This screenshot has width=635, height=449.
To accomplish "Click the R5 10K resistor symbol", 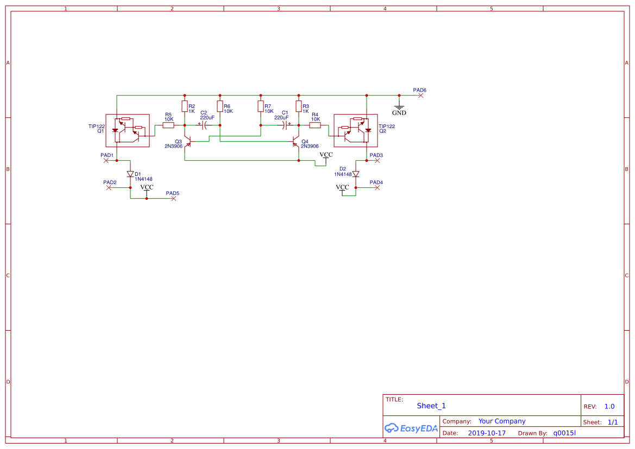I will pos(168,125).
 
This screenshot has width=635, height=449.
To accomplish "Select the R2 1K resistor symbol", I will pos(185,106).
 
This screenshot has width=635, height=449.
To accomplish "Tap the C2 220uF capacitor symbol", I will pos(206,125).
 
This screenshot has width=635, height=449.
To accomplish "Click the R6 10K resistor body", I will pos(220,106).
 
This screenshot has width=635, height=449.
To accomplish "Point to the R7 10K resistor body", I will pos(261,106).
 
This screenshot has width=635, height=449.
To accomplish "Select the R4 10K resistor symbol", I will pos(315,125).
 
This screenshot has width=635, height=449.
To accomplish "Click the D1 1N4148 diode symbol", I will pos(130,174).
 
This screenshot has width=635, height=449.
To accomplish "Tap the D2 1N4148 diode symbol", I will pos(356,174).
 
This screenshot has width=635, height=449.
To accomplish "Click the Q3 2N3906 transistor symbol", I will pos(187,142).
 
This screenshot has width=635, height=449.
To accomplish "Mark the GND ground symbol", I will pos(399,107).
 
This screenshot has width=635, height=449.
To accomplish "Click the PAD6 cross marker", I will pos(421,95).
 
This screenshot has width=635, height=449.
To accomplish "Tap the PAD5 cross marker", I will pos(174,198).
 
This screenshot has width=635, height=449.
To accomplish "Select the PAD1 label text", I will pos(107,155).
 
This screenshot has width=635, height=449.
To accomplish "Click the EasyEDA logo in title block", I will pos(411,428).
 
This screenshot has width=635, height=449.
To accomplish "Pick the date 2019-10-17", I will pos(487,433).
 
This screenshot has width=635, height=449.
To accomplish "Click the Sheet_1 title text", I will pos(431,406).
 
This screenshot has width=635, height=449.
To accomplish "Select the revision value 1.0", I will pos(609,406).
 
